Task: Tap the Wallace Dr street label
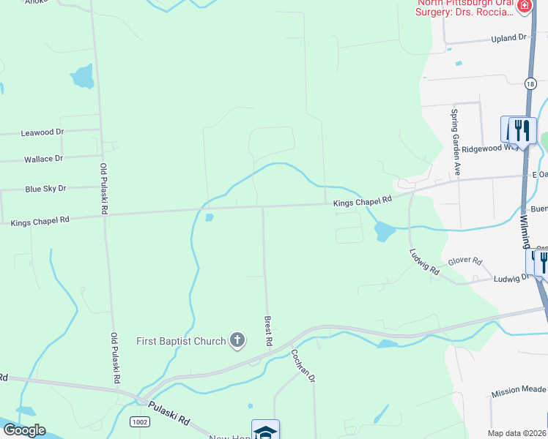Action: point(43,159)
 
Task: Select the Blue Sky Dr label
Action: point(45,189)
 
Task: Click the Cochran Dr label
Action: point(302,365)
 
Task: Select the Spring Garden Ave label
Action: point(455,142)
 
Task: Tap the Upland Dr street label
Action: point(508,37)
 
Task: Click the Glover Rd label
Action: point(466,261)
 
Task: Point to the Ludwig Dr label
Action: point(511,279)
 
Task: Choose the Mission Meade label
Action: point(519,392)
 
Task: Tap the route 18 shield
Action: point(530,84)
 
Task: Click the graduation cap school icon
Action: point(265,430)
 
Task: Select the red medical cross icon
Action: point(525,7)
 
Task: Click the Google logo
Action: point(24,430)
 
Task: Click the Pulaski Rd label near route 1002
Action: point(169,413)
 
